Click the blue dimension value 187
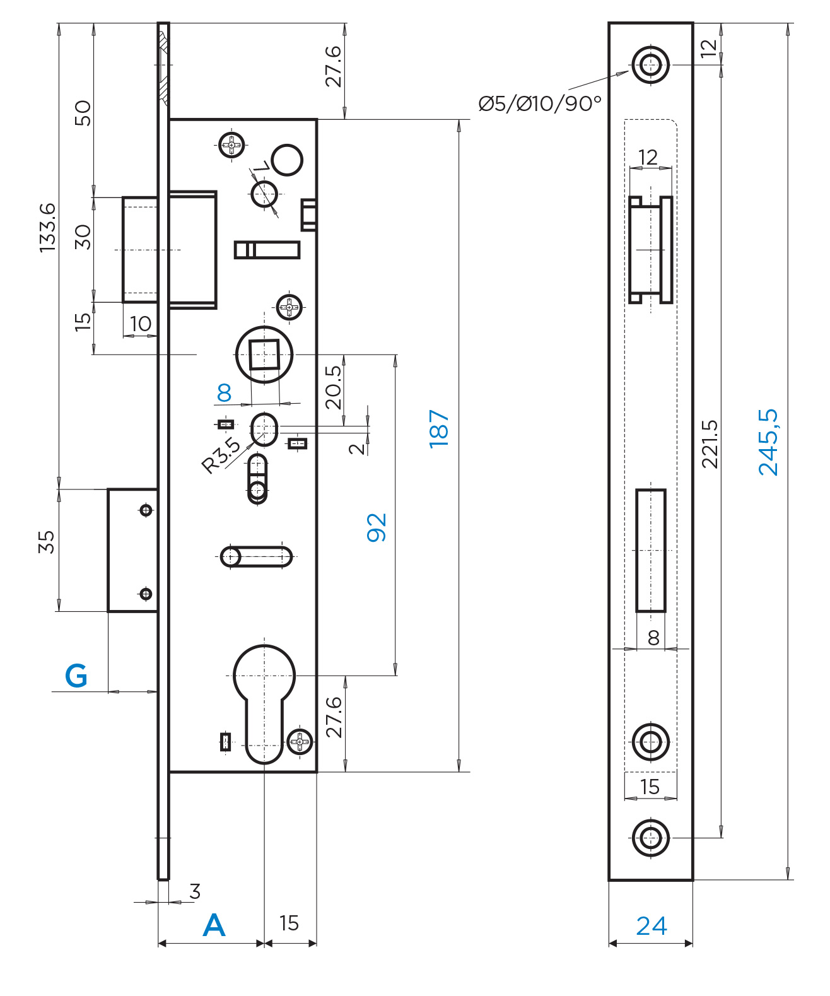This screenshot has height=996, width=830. coord(438,428)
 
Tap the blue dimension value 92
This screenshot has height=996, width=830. coord(377,527)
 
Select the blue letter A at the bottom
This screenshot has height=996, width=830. coord(214,925)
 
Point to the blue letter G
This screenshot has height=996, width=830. coord(76,676)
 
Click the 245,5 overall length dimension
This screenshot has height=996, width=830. coord(768,442)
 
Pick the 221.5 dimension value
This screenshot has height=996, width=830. coord(710,443)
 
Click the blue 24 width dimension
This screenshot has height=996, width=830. coord(652,926)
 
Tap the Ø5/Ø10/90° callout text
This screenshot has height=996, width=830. coord(540,103)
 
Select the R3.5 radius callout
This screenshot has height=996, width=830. coord(221,455)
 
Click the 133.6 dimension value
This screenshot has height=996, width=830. coord(48,228)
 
